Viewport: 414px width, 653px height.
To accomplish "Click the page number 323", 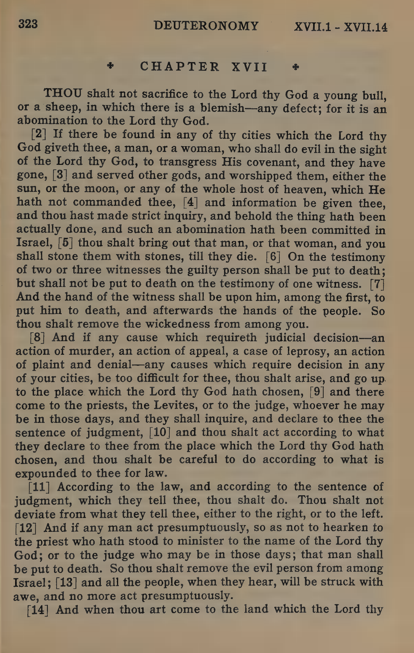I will pos(28,24).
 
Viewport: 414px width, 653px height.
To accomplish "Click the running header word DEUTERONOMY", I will pos(206,26).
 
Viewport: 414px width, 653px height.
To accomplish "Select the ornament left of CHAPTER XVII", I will pos(111,66).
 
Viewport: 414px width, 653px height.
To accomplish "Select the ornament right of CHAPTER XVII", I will pos(296,67).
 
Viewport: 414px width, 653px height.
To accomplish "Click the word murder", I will pos(92,351).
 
